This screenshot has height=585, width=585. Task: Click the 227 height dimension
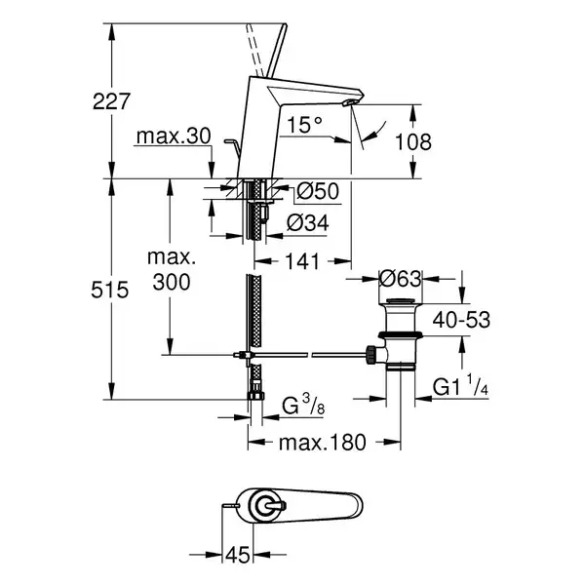111,101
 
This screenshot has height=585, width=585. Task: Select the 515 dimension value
109,290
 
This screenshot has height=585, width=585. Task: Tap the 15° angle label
304,124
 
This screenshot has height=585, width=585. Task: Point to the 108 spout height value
413,141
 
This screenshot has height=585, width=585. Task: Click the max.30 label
174,136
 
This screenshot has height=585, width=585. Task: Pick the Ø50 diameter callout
318,191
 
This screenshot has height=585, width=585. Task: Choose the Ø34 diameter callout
308,223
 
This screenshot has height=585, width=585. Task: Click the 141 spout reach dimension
302,261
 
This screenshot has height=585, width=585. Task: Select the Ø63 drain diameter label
401,279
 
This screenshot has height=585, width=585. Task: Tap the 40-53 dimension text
461,320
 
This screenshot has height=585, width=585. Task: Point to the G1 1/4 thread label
460,386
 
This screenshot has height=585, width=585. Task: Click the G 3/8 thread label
303,406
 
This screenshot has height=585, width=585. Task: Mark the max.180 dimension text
323,443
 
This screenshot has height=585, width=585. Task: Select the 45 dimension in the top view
238,555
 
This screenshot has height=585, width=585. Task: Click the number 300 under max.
172,282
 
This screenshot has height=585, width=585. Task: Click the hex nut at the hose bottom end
255,396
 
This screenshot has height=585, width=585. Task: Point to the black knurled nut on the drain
371,355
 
